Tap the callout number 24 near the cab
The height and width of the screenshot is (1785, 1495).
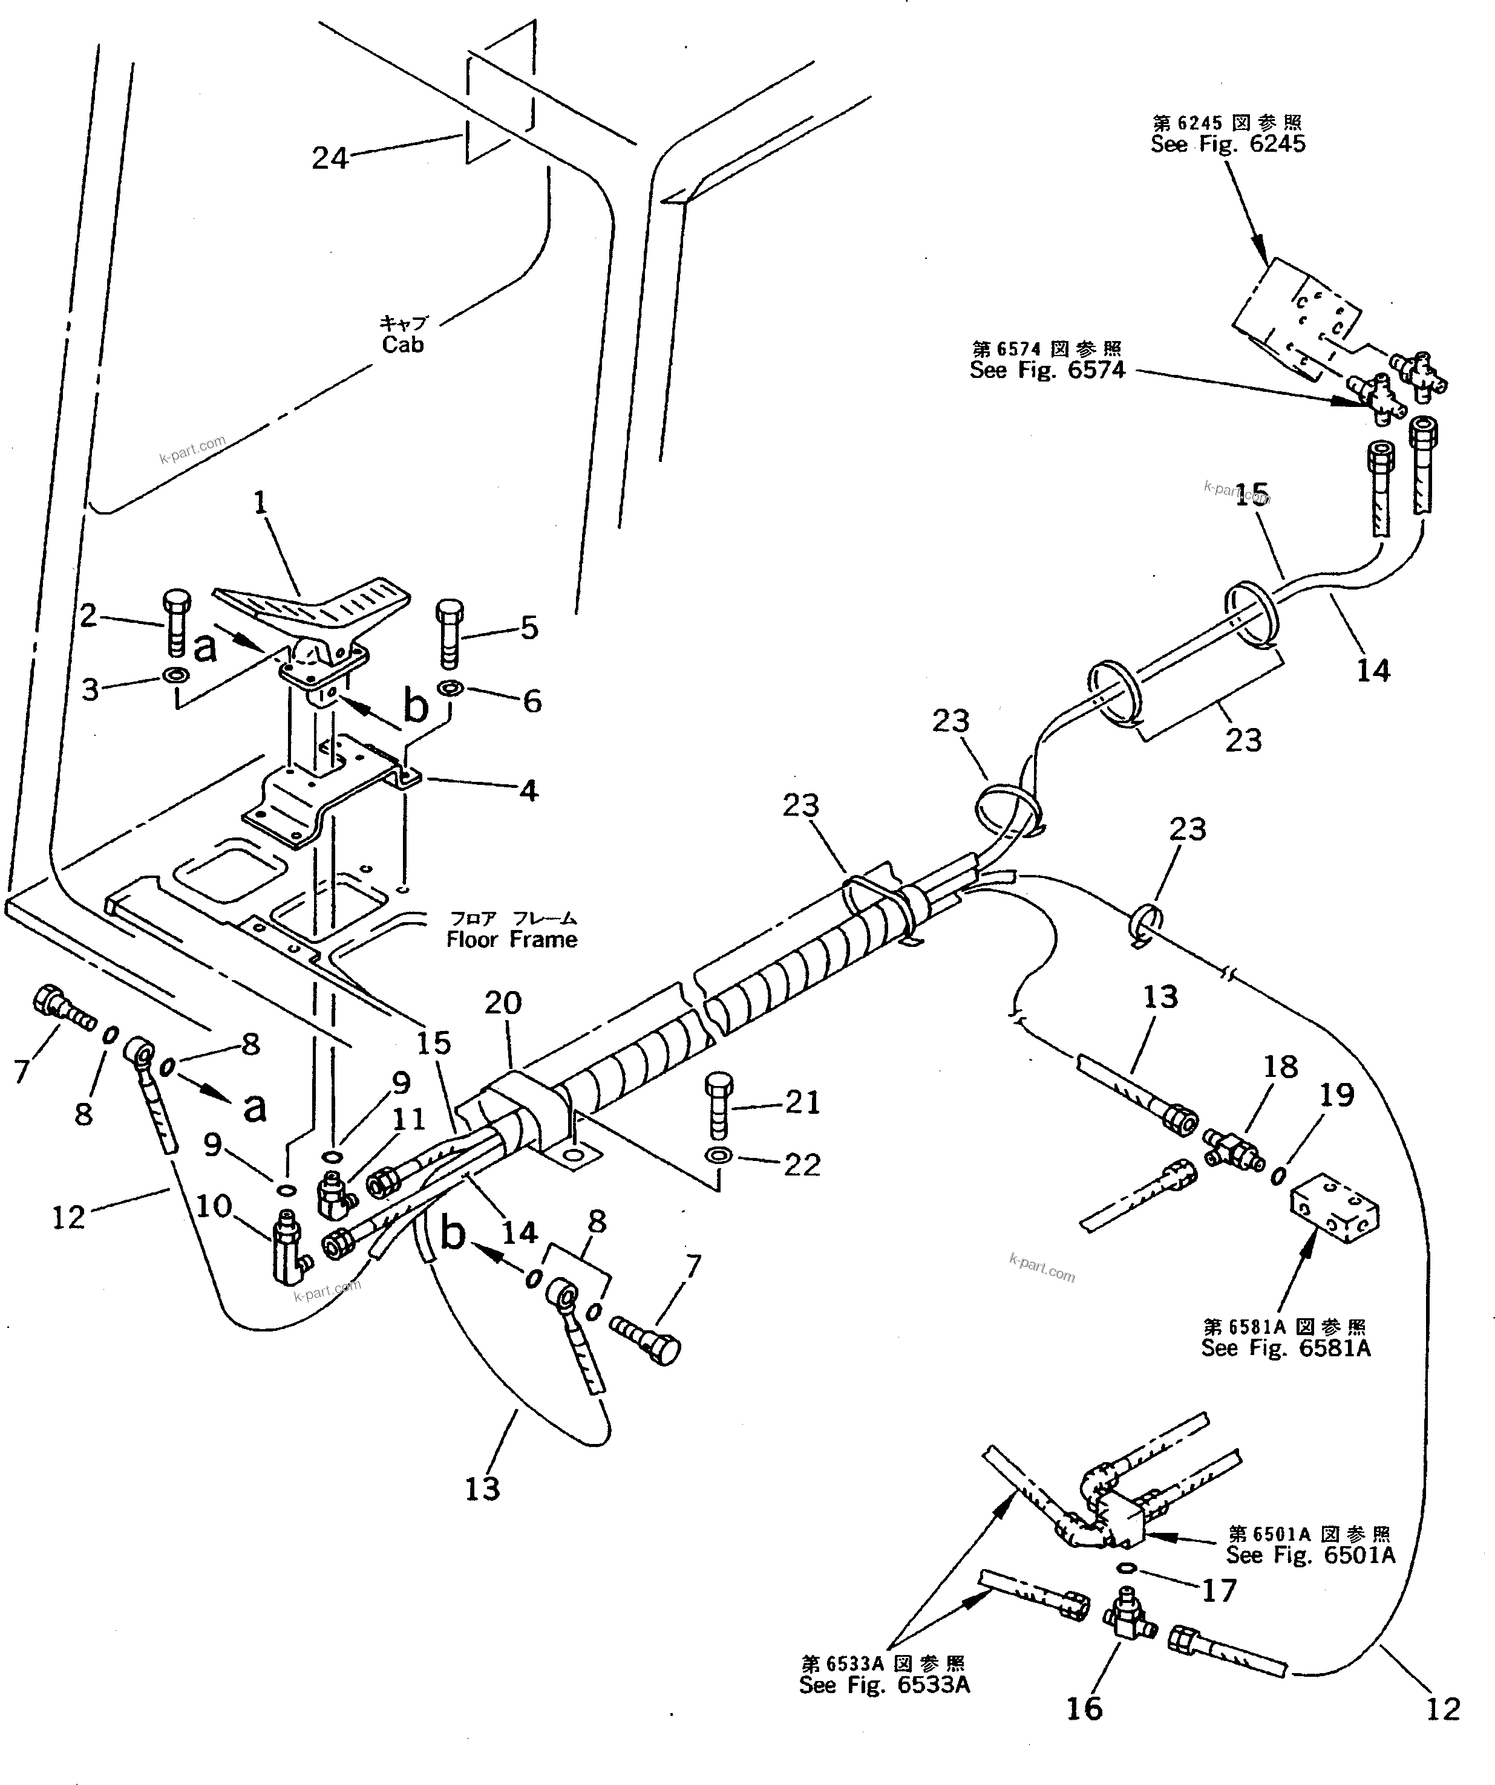(x=330, y=158)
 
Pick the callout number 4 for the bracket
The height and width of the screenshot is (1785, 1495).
(x=529, y=790)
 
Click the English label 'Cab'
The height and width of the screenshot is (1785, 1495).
(x=402, y=344)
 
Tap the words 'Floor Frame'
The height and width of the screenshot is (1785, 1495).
(x=512, y=939)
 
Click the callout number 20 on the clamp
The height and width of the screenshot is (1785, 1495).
(x=503, y=1003)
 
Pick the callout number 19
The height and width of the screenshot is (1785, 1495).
(x=1336, y=1095)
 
